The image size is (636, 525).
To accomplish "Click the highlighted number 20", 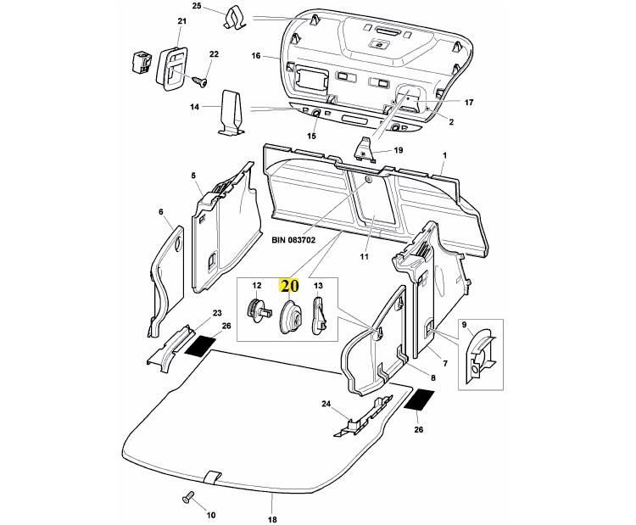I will (290, 285).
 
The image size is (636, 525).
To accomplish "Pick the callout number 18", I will (272, 519).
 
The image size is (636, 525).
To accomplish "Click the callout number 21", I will (181, 20).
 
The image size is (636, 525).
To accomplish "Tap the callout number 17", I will (469, 103).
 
